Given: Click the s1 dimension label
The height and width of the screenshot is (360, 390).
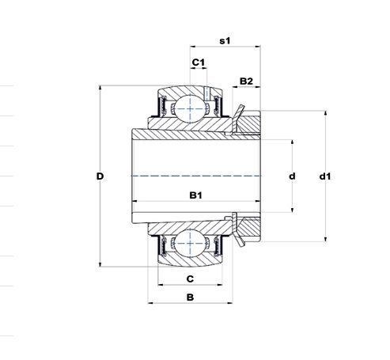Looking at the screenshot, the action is click(x=225, y=41).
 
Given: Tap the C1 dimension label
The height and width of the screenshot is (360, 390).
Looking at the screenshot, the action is click(x=199, y=63).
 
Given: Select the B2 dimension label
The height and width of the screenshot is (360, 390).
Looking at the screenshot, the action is click(x=246, y=81).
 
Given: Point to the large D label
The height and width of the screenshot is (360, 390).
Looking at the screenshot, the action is click(x=100, y=176).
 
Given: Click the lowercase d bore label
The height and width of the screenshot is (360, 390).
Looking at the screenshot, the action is click(x=292, y=176).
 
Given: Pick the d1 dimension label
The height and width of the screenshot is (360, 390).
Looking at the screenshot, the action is click(x=325, y=176).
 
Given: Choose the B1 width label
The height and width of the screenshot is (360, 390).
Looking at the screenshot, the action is click(x=196, y=195).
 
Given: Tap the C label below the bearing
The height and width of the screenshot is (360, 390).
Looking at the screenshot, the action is click(x=190, y=279).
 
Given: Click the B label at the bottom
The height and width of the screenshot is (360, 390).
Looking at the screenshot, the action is click(x=190, y=297).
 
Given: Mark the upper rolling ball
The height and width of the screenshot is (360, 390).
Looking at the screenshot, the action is click(x=190, y=108).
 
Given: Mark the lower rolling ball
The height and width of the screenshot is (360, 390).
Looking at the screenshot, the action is click(x=190, y=243).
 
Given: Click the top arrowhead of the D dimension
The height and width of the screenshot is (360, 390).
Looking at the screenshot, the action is click(x=100, y=88).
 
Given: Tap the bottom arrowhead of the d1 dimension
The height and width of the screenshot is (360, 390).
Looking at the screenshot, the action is click(x=325, y=239).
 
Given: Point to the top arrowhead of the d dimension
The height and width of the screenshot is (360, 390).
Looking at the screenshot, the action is click(x=292, y=142).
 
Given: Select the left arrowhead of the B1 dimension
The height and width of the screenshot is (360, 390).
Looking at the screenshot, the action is click(x=134, y=201).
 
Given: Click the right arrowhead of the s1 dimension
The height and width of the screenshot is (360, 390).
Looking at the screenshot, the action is click(x=258, y=47).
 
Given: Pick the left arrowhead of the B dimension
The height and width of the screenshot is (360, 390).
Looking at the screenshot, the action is click(x=150, y=303).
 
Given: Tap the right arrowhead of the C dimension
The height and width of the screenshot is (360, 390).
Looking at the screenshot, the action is click(x=220, y=285).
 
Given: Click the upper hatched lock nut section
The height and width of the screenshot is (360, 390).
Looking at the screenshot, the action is click(x=249, y=123).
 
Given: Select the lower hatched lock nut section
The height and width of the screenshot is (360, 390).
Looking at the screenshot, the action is click(x=249, y=229).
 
